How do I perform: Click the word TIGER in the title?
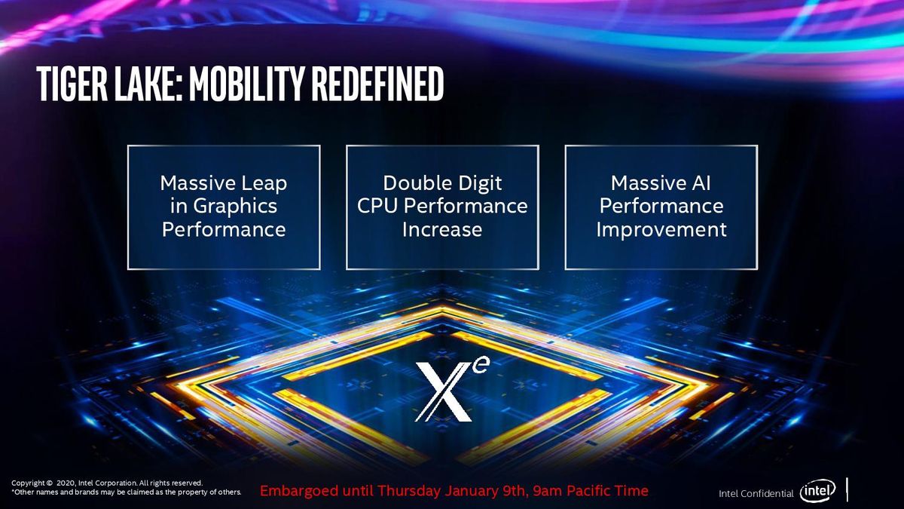point(72,84)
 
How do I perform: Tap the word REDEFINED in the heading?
point(377,84)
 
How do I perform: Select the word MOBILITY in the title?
point(246,84)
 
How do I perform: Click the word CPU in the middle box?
point(377,206)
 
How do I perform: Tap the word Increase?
point(442,229)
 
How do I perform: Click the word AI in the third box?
point(701,183)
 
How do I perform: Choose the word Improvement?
point(661,230)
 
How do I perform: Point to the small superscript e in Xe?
point(482,365)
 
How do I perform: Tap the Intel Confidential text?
point(756,493)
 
